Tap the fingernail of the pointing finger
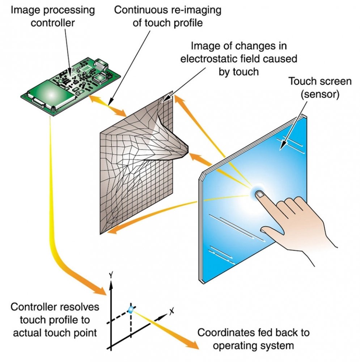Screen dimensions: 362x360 (x=260, y=195)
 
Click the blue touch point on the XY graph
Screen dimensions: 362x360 (x=131, y=309)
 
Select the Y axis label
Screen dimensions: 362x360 (x=111, y=276)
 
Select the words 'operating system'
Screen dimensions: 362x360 (x=253, y=345)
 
